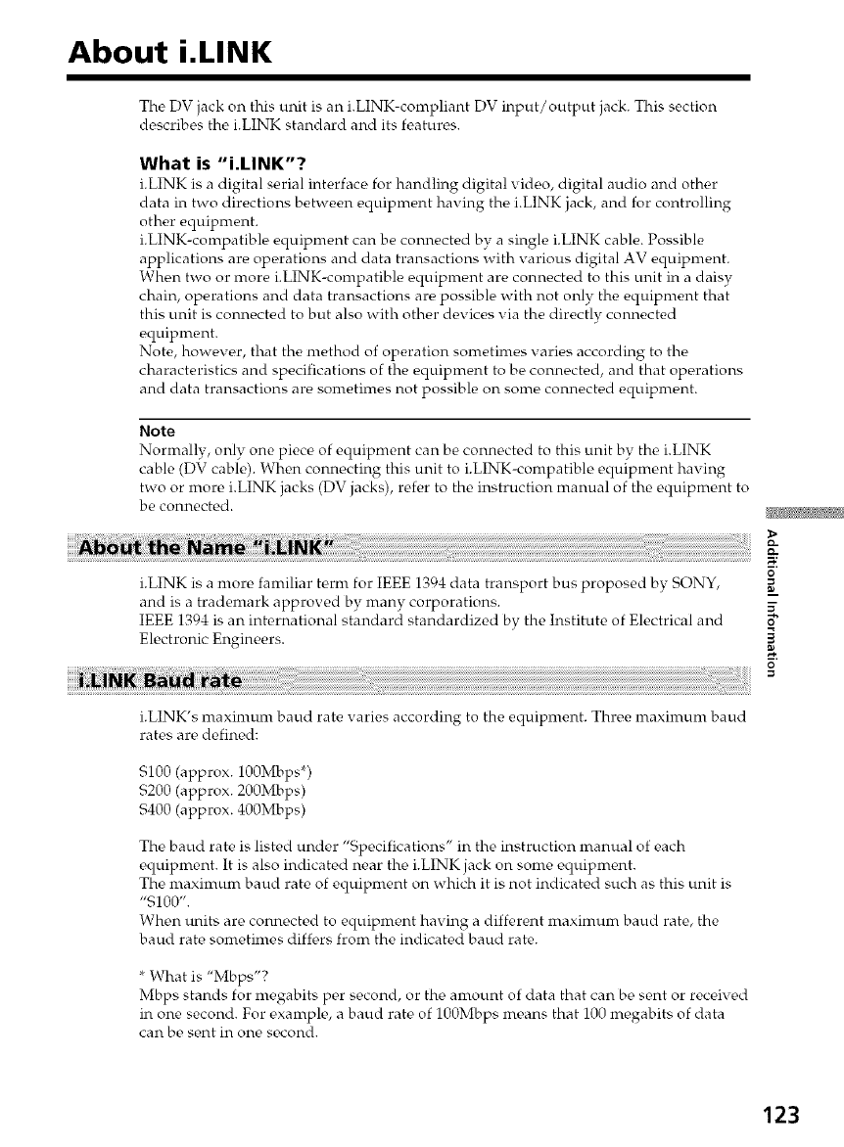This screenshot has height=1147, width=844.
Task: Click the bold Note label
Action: [158, 431]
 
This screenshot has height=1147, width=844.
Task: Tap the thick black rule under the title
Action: [409, 76]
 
